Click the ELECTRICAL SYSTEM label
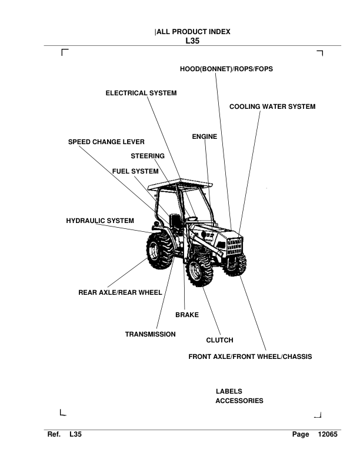pyautogui.click(x=141, y=93)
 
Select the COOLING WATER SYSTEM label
pyautogui.click(x=272, y=106)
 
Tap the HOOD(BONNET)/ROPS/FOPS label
pyautogui.click(x=226, y=69)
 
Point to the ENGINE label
pyautogui.click(x=205, y=137)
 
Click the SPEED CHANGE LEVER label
pyautogui.click(x=106, y=142)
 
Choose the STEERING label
pyautogui.click(x=148, y=156)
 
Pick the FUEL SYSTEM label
pyautogui.click(x=135, y=171)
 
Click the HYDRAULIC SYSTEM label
pyautogui.click(x=100, y=220)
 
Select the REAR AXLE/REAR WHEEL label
pyautogui.click(x=120, y=291)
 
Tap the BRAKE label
pyautogui.click(x=187, y=315)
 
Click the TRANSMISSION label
pyautogui.click(x=150, y=334)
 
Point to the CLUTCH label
pyautogui.click(x=219, y=340)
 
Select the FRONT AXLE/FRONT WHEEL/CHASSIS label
pyautogui.click(x=250, y=357)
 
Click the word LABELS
pyautogui.click(x=229, y=391)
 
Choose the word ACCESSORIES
pyautogui.click(x=239, y=401)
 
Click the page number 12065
pyautogui.click(x=327, y=434)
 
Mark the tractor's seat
pyautogui.click(x=175, y=221)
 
